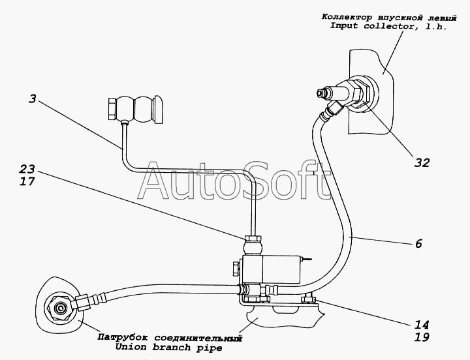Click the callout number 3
pyautogui.click(x=33, y=99)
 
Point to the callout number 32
pyautogui.click(x=422, y=163)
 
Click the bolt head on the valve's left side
pyautogui.click(x=236, y=268)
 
